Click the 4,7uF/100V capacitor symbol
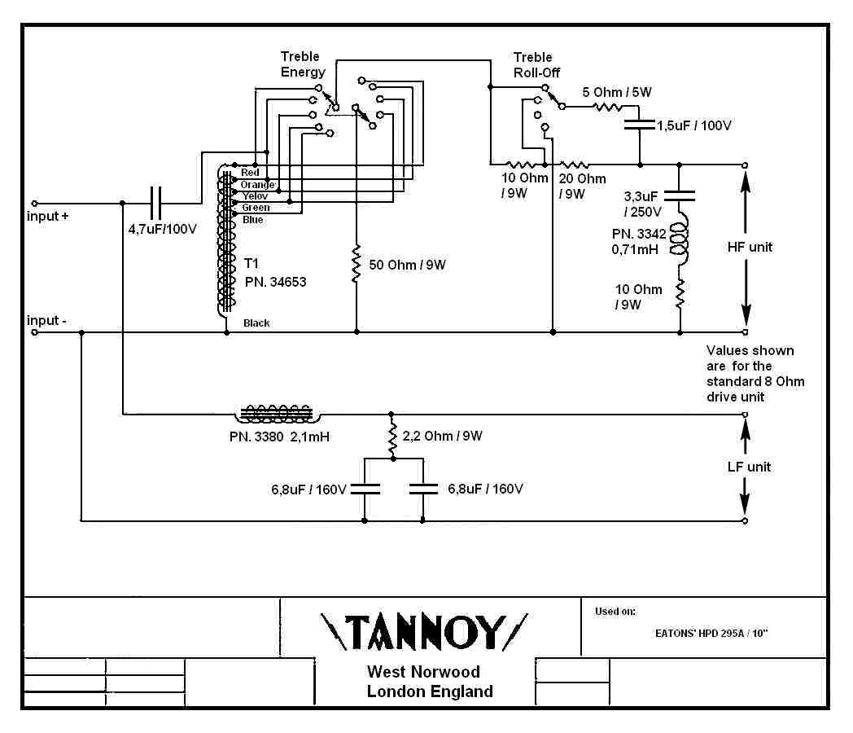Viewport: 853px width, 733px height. (157, 203)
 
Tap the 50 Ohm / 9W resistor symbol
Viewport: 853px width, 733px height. (356, 265)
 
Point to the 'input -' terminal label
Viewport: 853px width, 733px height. (47, 320)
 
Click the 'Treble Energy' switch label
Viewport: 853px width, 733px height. (303, 64)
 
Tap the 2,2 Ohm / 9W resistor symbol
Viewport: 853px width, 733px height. (393, 441)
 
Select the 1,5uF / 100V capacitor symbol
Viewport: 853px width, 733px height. (639, 125)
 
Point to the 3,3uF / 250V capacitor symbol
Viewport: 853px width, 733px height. (680, 195)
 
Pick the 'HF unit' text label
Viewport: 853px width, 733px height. (750, 247)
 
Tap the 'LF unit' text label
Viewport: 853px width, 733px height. (749, 467)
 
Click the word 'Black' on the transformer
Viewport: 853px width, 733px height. (256, 323)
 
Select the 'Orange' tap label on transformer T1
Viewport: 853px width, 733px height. (257, 185)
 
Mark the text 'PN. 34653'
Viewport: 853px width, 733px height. (277, 282)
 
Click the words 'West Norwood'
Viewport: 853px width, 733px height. (423, 672)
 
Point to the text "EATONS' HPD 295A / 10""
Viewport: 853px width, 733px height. (711, 631)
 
